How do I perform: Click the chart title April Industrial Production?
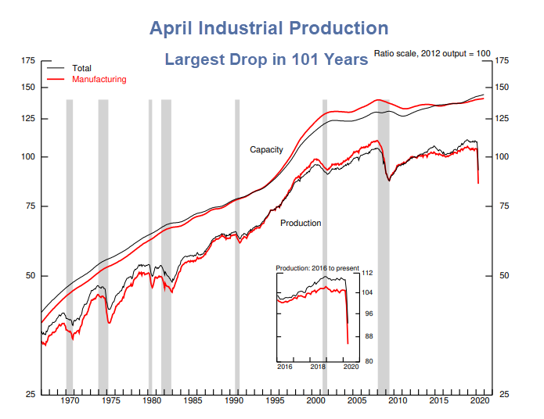click(268, 29)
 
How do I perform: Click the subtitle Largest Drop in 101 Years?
click(265, 59)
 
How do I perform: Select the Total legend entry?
click(81, 69)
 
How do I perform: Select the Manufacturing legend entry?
click(99, 80)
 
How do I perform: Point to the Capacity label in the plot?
click(266, 149)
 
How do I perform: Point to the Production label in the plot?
click(301, 224)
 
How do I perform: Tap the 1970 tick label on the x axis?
click(70, 401)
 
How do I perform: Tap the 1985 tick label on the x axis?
click(193, 401)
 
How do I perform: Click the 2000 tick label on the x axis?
click(315, 401)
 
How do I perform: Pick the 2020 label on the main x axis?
click(478, 401)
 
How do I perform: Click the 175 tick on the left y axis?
click(28, 61)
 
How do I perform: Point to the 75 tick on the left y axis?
click(31, 206)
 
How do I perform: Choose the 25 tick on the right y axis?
click(503, 394)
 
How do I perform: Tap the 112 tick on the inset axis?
click(368, 273)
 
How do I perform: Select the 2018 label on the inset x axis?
click(318, 366)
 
